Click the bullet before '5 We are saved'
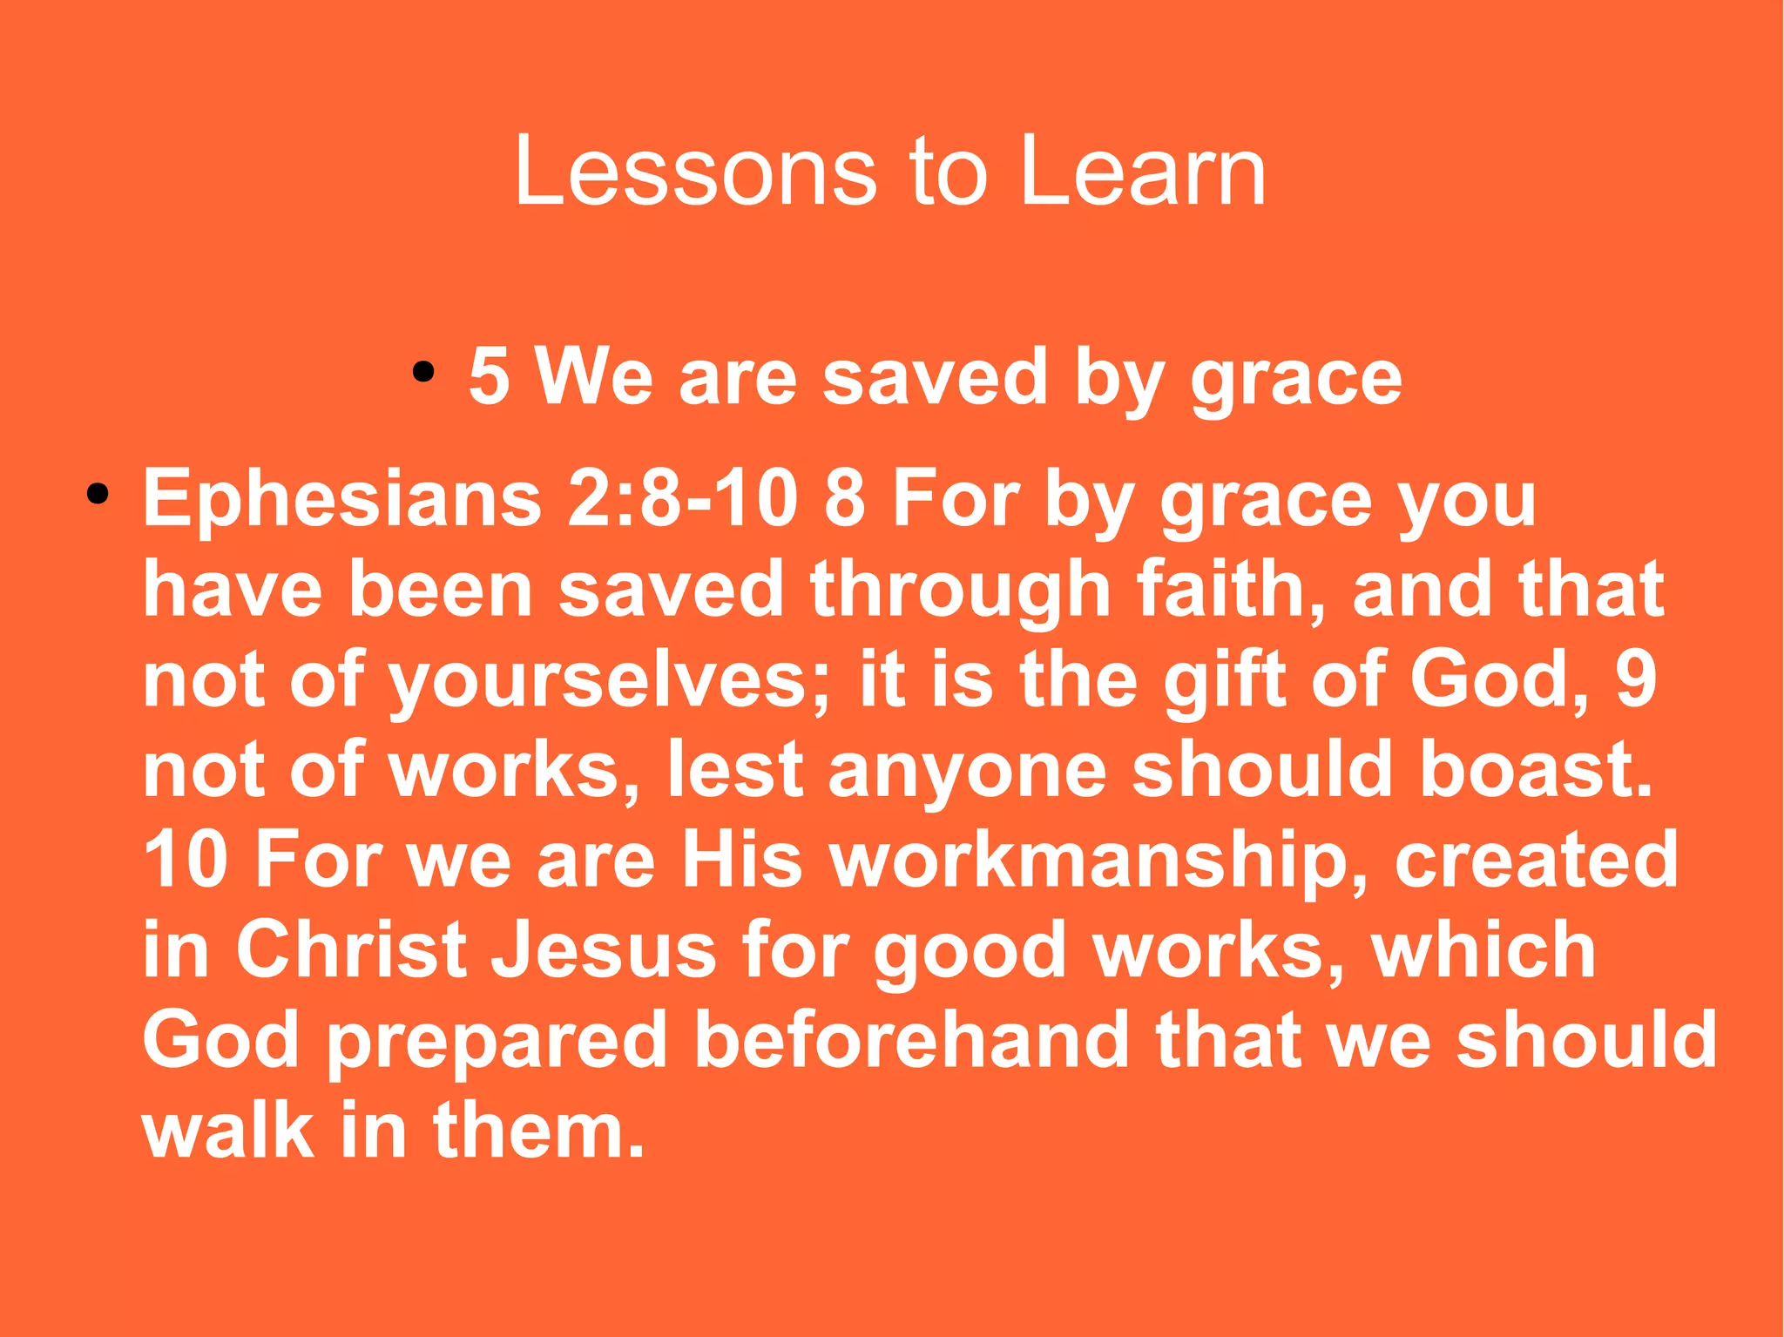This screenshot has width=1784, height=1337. tap(423, 373)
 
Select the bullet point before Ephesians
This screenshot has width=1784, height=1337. tap(98, 496)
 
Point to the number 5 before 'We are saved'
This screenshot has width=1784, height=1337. tap(489, 377)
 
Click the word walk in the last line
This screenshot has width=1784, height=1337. tap(228, 1130)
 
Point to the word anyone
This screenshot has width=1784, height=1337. tap(967, 773)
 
